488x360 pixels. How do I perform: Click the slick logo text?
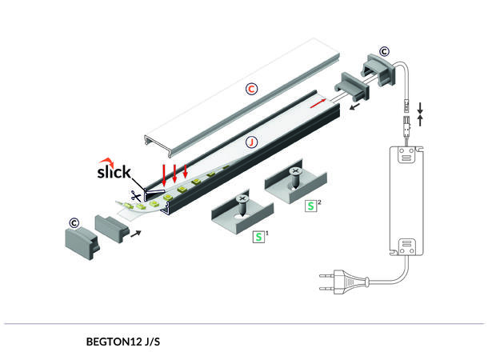pos(114,171)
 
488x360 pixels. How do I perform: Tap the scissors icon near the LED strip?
pos(137,194)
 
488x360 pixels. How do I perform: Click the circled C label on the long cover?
pos(250,89)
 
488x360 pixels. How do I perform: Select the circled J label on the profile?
pos(251,142)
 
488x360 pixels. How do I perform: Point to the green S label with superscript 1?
pos(258,237)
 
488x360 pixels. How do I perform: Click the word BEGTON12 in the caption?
pos(112,341)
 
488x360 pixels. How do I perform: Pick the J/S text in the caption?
pos(152,341)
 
